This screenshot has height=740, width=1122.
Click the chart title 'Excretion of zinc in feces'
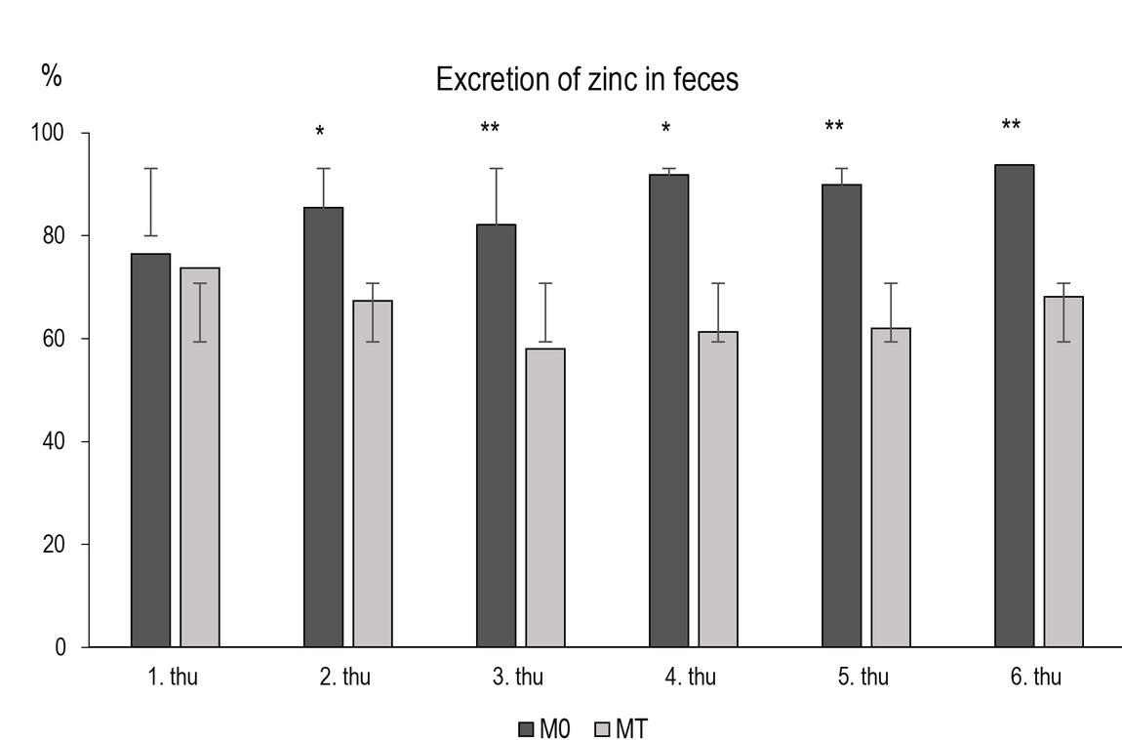click(586, 80)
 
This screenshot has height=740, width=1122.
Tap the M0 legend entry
click(543, 728)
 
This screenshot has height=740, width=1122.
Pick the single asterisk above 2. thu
click(319, 132)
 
